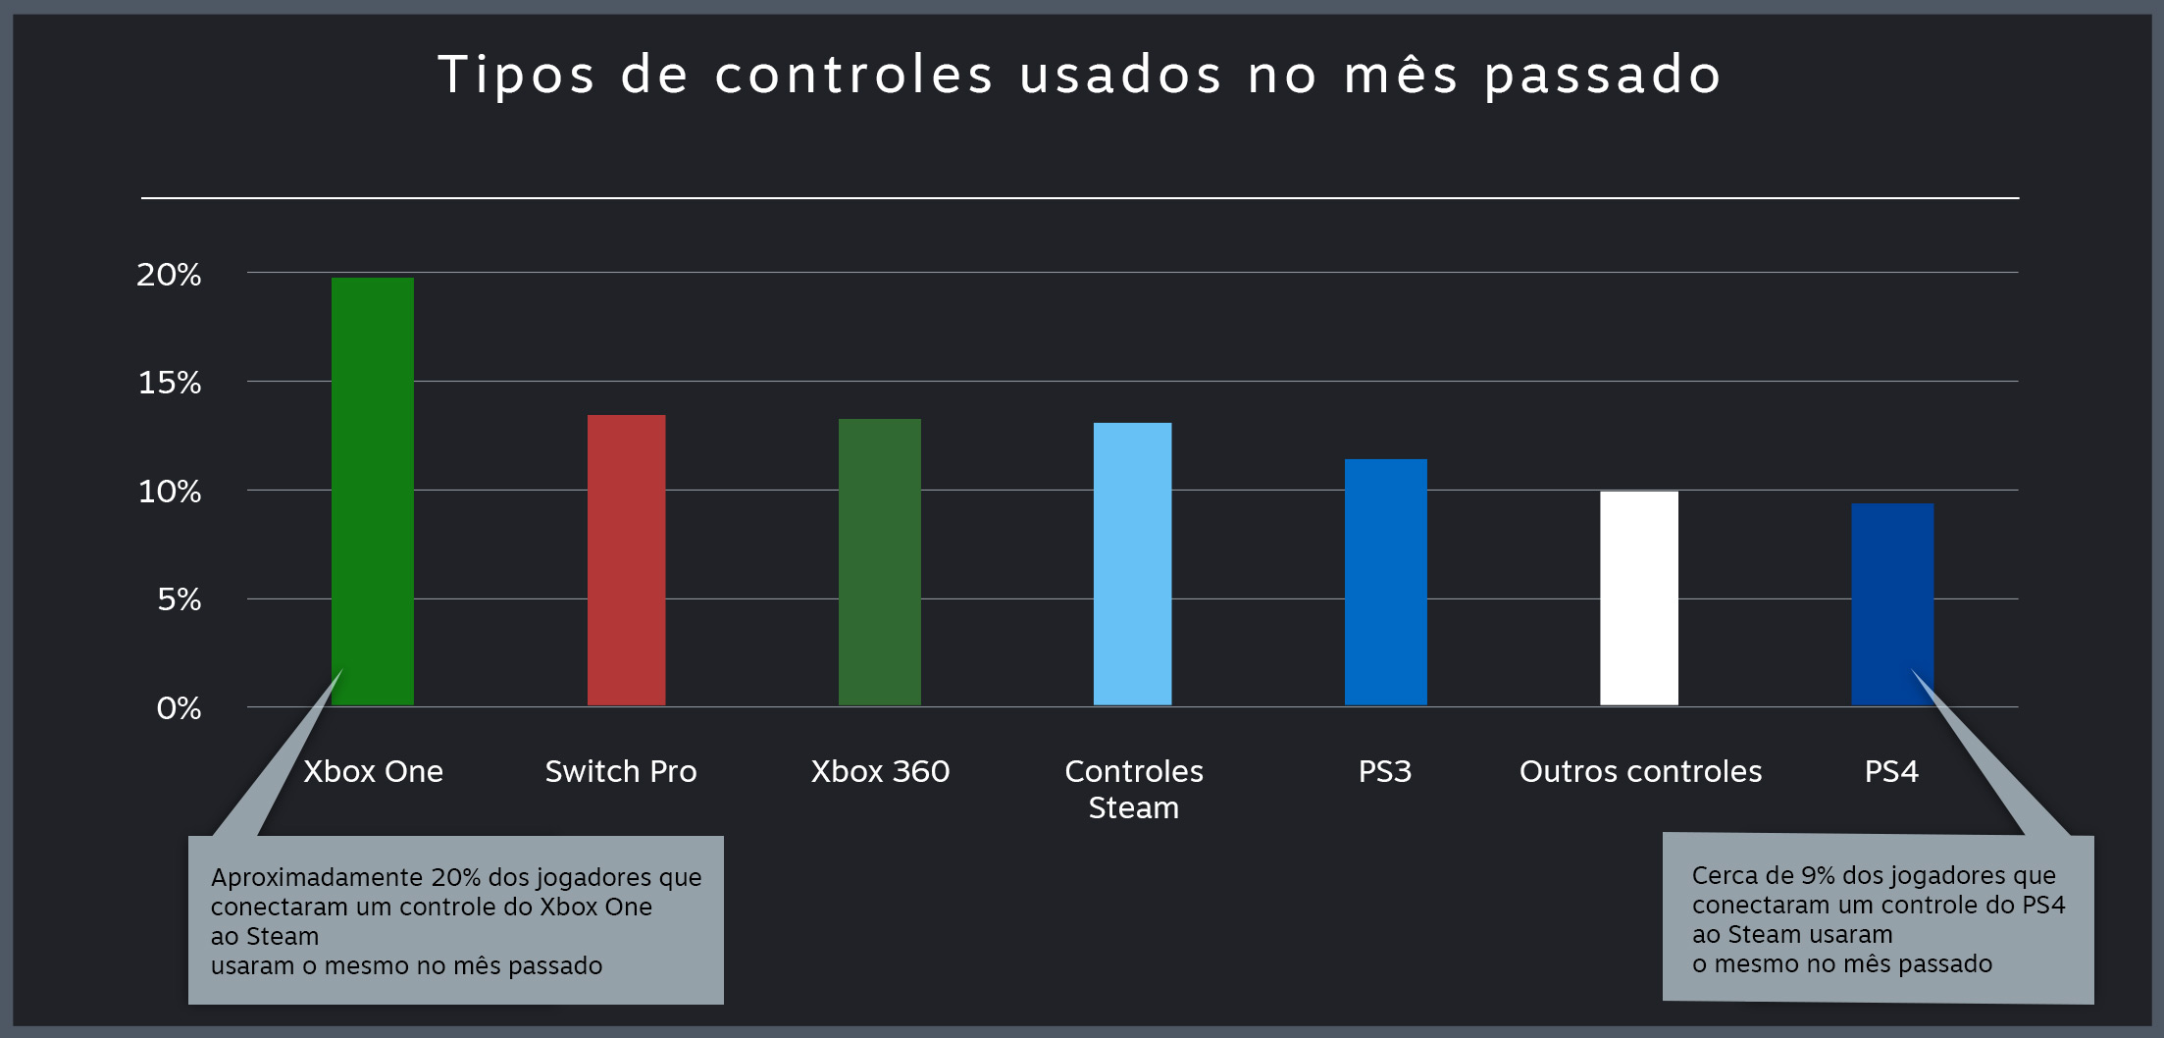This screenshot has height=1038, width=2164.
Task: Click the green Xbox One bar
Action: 372,491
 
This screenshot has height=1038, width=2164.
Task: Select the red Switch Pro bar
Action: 626,559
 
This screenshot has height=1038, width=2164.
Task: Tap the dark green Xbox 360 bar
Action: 879,561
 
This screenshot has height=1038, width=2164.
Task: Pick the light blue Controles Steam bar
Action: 1132,563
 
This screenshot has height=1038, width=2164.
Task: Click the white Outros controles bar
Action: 1638,597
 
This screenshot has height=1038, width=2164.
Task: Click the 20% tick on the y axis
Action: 169,275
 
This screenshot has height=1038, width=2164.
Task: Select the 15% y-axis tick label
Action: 169,383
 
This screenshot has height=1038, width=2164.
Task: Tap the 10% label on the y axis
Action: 169,491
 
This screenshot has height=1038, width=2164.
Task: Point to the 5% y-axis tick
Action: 179,598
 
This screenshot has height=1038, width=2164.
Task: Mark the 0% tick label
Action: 179,707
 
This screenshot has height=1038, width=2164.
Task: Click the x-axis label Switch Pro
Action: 620,771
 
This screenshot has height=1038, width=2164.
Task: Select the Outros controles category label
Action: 1640,771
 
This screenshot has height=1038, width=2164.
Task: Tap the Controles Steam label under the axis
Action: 1133,789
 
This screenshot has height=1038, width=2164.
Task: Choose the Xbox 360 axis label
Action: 880,771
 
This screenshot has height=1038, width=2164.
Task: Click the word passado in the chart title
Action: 1603,76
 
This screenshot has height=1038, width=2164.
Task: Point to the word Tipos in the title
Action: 516,76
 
